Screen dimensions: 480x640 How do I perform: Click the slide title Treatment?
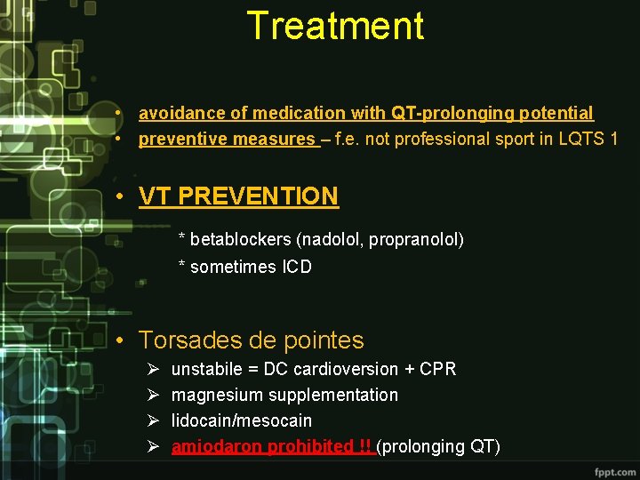click(x=335, y=26)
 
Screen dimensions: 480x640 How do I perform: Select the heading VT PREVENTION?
click(x=239, y=196)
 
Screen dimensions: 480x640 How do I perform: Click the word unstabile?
click(x=207, y=369)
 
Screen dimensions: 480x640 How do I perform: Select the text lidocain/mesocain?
click(x=242, y=420)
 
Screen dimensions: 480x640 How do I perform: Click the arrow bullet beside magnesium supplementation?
click(x=153, y=395)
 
